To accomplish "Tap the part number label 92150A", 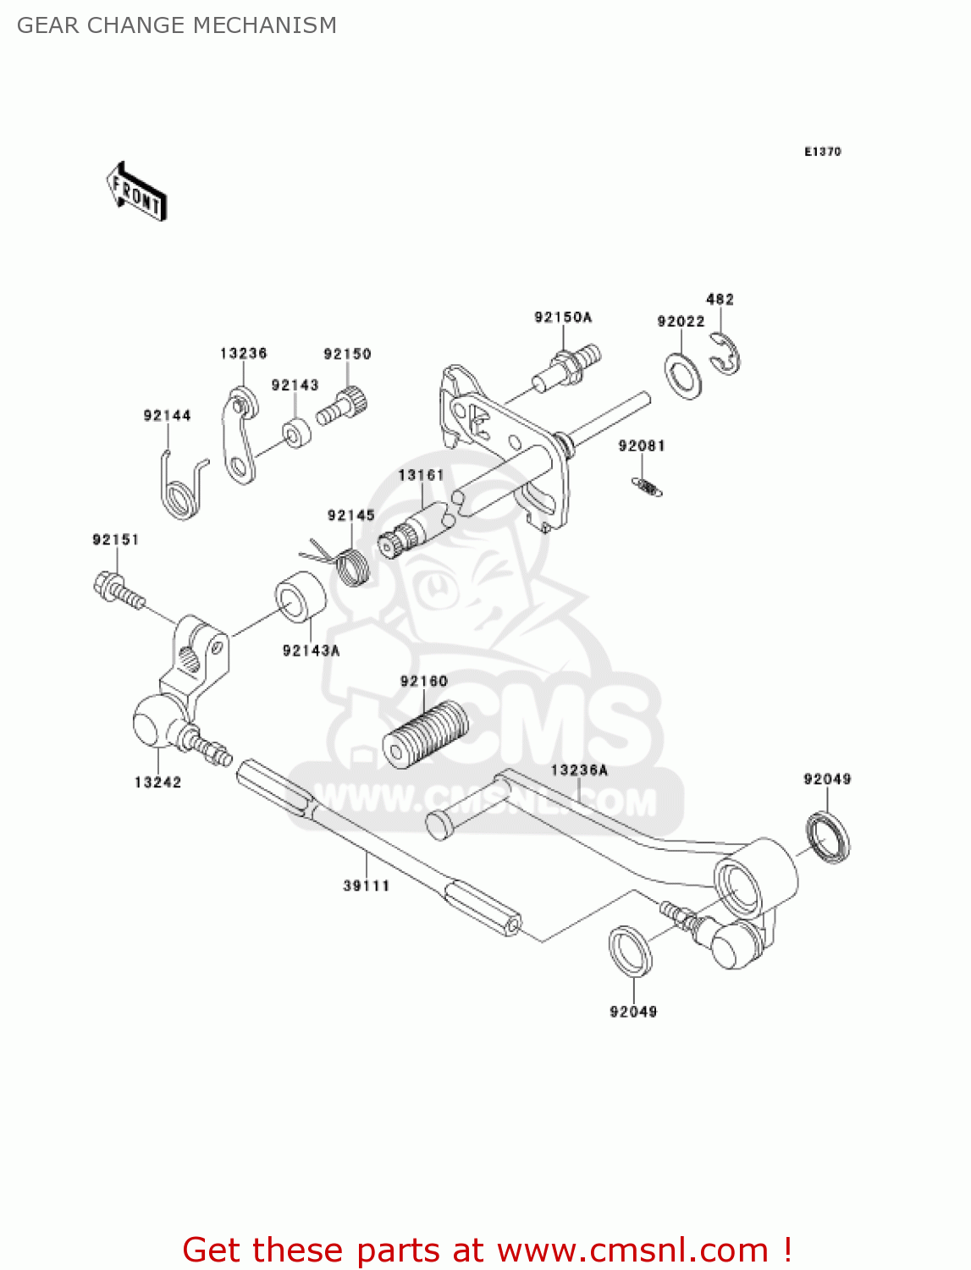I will [x=563, y=317].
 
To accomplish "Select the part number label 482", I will [x=720, y=299].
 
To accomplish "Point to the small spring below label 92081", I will [x=648, y=487].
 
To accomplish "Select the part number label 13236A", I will [x=579, y=770].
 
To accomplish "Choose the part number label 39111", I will [x=366, y=886].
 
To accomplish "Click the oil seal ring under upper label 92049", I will [x=828, y=837].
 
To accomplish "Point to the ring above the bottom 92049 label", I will [x=631, y=950].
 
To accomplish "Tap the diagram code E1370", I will [x=822, y=152].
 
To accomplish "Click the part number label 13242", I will [x=157, y=782].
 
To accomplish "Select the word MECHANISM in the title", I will [x=265, y=25].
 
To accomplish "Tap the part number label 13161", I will [x=421, y=475].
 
